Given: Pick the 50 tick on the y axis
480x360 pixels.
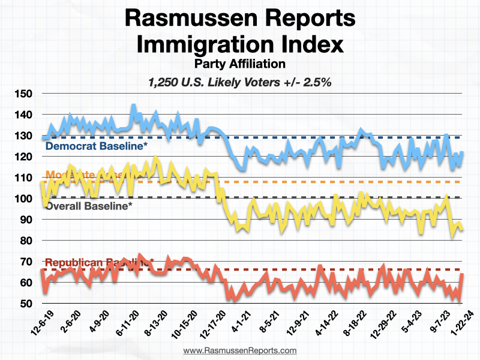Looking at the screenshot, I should [x=25, y=304].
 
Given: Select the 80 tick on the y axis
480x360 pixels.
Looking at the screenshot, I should [x=25, y=241].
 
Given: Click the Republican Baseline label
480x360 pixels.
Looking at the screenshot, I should [x=100, y=262].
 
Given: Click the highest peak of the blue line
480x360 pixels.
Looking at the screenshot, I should [x=133, y=106].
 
